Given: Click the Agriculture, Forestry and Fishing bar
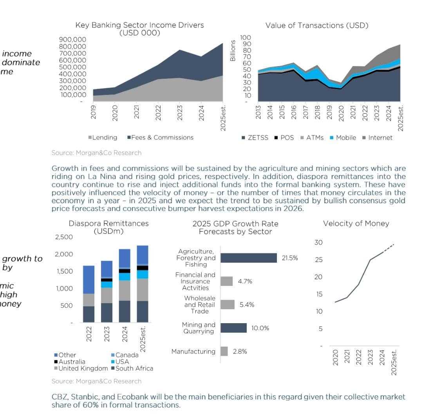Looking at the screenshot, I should (249, 258).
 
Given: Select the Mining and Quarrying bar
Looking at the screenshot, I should (233, 328).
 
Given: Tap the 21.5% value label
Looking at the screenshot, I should (290, 258).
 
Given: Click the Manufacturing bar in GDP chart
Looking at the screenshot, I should (224, 351).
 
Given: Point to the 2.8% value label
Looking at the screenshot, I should (240, 351).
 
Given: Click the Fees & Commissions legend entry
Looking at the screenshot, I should (162, 137).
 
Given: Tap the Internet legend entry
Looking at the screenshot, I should (378, 137).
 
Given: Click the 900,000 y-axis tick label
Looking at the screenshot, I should (72, 39).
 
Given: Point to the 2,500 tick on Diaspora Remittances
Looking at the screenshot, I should (64, 237).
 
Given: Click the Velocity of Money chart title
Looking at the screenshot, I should (356, 224).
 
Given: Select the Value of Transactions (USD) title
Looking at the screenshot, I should (317, 25).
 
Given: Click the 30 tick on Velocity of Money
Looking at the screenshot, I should (318, 242).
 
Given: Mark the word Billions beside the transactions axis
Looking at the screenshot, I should (233, 51).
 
